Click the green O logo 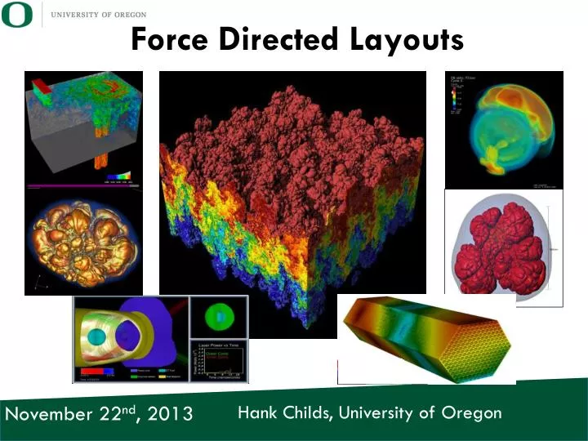(18, 16)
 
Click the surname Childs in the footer (305, 412)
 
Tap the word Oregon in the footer (471, 412)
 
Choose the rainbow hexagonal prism (426, 338)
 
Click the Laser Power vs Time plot (217, 360)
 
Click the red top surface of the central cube (294, 139)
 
